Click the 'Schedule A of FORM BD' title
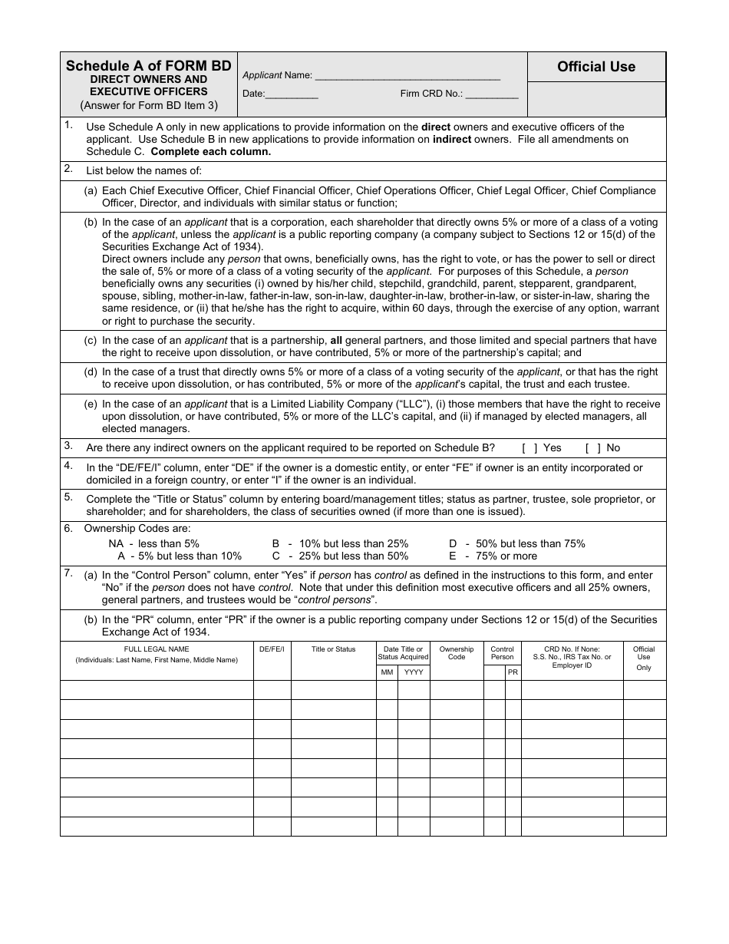point(149,66)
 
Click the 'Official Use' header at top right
point(596,67)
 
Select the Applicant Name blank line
point(407,76)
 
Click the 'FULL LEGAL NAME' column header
point(157,649)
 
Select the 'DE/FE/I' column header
point(272,649)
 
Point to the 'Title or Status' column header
point(333,649)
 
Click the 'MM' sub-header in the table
point(387,672)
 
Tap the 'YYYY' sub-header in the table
point(414,672)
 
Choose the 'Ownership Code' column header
point(457,653)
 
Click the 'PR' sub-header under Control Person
point(513,672)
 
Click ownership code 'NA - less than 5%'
point(153,543)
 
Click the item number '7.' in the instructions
point(68,573)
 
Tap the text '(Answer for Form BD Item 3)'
point(149,105)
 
